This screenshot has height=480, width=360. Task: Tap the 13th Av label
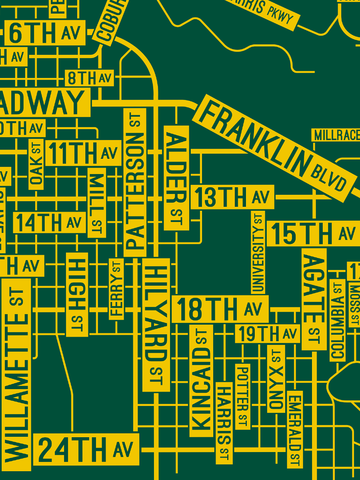(x=232, y=197)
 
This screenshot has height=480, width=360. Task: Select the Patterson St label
(x=135, y=182)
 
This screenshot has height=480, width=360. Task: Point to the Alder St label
(x=176, y=178)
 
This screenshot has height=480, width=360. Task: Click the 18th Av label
(x=220, y=309)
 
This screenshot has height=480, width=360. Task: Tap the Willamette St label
(x=16, y=374)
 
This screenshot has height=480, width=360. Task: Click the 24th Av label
(x=86, y=449)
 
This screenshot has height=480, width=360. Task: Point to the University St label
(x=258, y=252)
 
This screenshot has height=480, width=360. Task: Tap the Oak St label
(x=36, y=164)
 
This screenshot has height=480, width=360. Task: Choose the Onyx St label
(x=276, y=378)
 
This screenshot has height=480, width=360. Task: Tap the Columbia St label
(x=338, y=320)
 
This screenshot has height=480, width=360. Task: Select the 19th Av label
(x=267, y=334)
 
